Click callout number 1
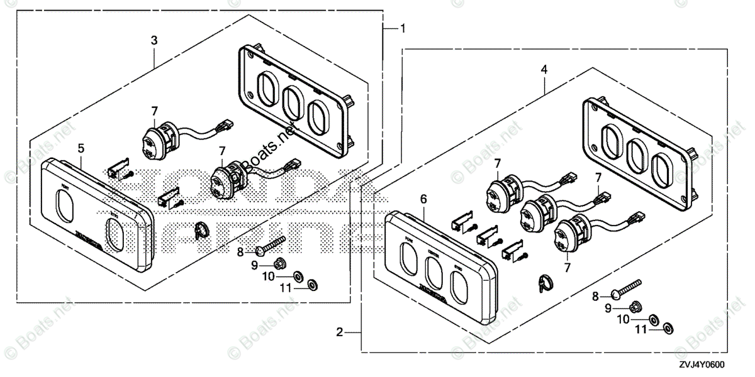click(403, 28)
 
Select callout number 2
click(340, 332)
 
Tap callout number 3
click(154, 40)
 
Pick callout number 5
click(81, 148)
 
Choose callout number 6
click(423, 199)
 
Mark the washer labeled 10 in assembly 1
click(298, 275)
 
